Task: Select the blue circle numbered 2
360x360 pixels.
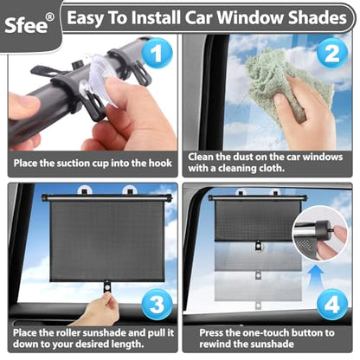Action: pos(331,55)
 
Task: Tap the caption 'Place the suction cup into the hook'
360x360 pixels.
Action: pos(90,162)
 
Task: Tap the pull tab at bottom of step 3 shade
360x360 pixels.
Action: pos(107,285)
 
